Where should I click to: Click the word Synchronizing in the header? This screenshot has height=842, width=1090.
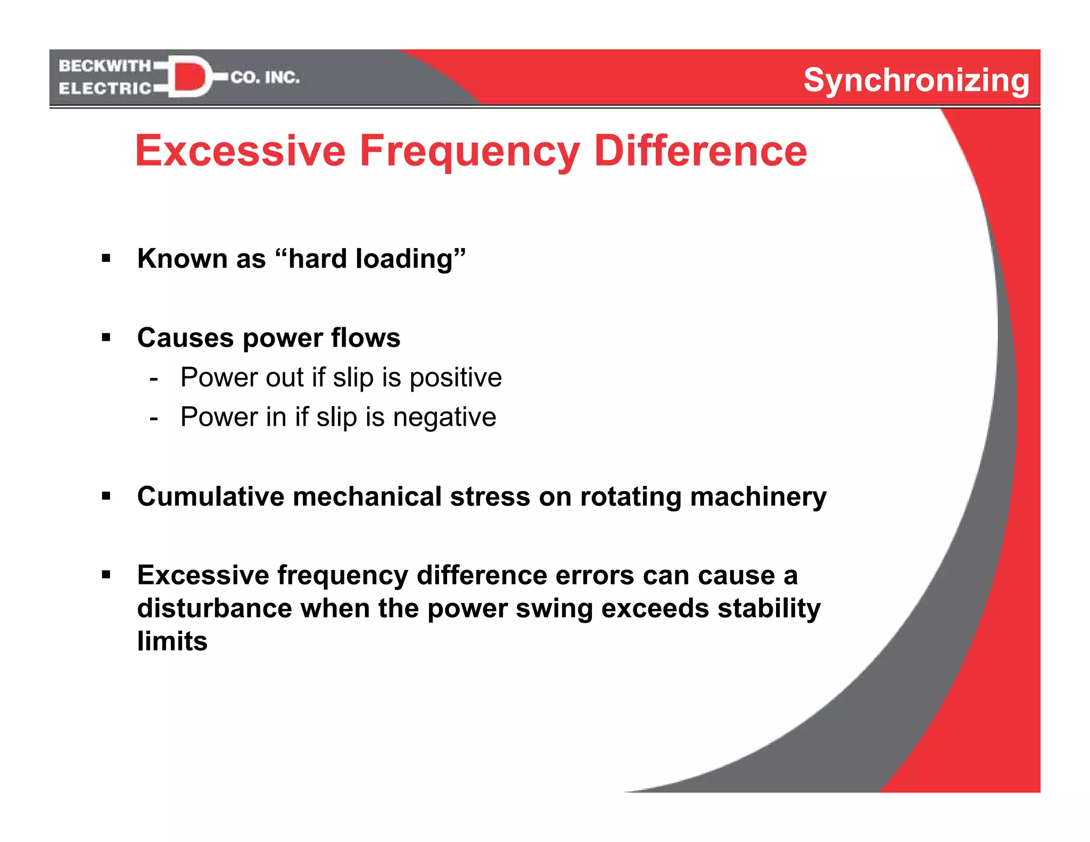(x=916, y=81)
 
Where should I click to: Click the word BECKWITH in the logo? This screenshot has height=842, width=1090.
(x=105, y=66)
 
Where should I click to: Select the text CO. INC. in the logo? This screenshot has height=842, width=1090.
(x=265, y=78)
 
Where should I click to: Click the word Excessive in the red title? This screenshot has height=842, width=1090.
(x=241, y=151)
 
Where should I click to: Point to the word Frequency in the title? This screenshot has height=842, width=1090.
(x=469, y=152)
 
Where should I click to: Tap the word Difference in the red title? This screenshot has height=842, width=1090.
(x=700, y=151)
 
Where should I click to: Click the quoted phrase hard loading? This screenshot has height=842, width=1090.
(x=370, y=259)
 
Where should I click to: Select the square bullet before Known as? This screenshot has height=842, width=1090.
(x=106, y=259)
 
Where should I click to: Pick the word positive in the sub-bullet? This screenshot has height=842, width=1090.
(x=456, y=378)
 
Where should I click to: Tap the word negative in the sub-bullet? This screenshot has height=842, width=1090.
(x=444, y=417)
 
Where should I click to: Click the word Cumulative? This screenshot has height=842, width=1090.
(x=211, y=497)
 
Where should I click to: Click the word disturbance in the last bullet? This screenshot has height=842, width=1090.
(x=214, y=608)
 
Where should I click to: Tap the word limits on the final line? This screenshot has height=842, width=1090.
(x=172, y=641)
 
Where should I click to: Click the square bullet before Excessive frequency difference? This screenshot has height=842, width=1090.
(x=106, y=575)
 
